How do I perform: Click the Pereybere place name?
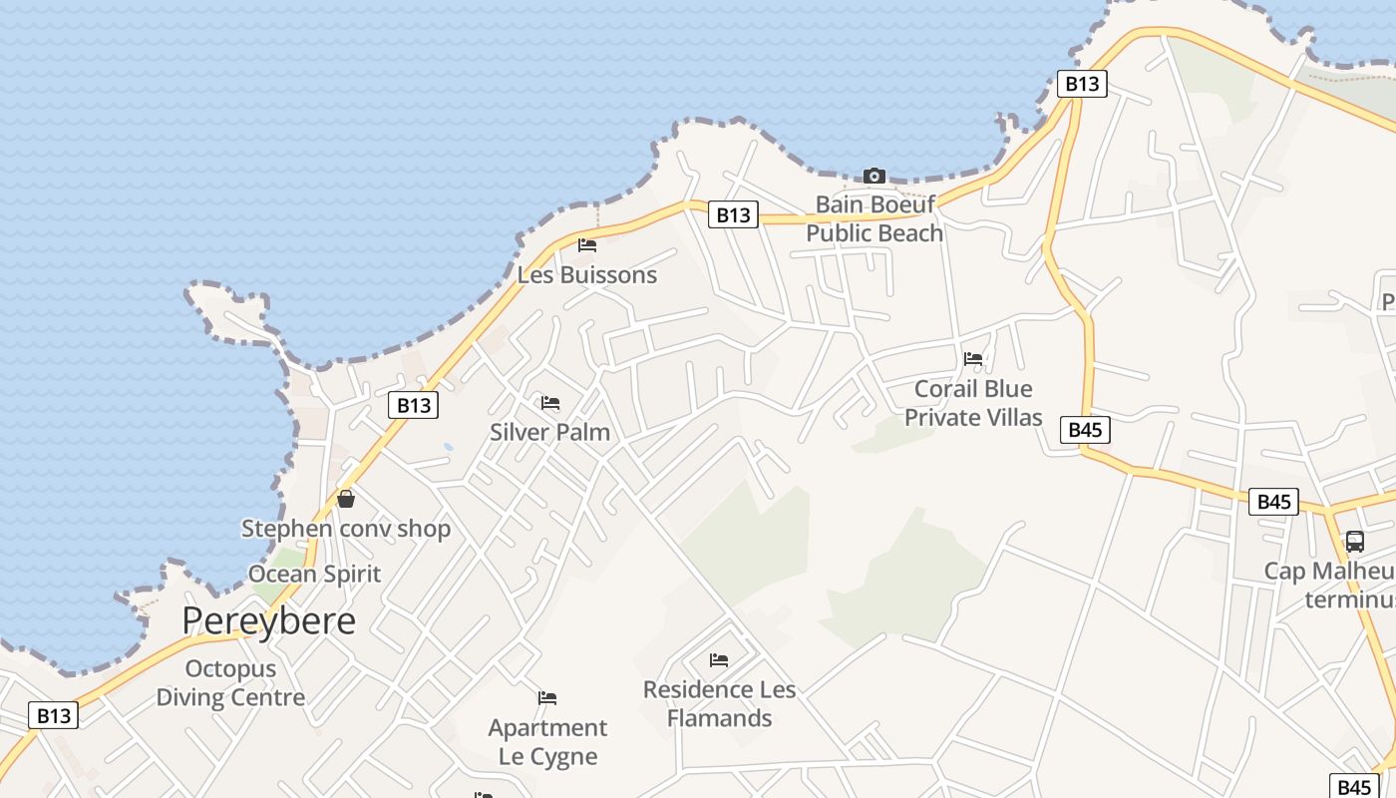tap(268, 620)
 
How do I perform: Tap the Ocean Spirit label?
tap(314, 574)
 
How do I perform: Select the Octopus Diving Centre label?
tap(230, 682)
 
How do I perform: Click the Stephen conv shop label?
tap(346, 529)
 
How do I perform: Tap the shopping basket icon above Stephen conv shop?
tap(346, 499)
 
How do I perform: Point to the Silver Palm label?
tap(549, 432)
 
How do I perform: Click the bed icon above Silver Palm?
tap(549, 403)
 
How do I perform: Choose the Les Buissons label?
tap(587, 274)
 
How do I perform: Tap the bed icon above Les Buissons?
tap(587, 244)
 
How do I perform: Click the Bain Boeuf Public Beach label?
tap(874, 218)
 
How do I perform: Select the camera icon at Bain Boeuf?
tap(874, 176)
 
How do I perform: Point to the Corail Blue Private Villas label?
tap(973, 403)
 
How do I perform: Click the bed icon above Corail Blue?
tap(973, 359)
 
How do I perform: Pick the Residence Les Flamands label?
tap(719, 703)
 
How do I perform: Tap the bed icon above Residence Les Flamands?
tap(719, 659)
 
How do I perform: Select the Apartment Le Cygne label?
tap(547, 741)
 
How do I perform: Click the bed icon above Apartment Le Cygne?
tap(547, 697)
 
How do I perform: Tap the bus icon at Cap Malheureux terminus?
tap(1354, 542)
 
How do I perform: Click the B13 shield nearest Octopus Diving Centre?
tap(54, 715)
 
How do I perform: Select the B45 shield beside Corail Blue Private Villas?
tap(1085, 430)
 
